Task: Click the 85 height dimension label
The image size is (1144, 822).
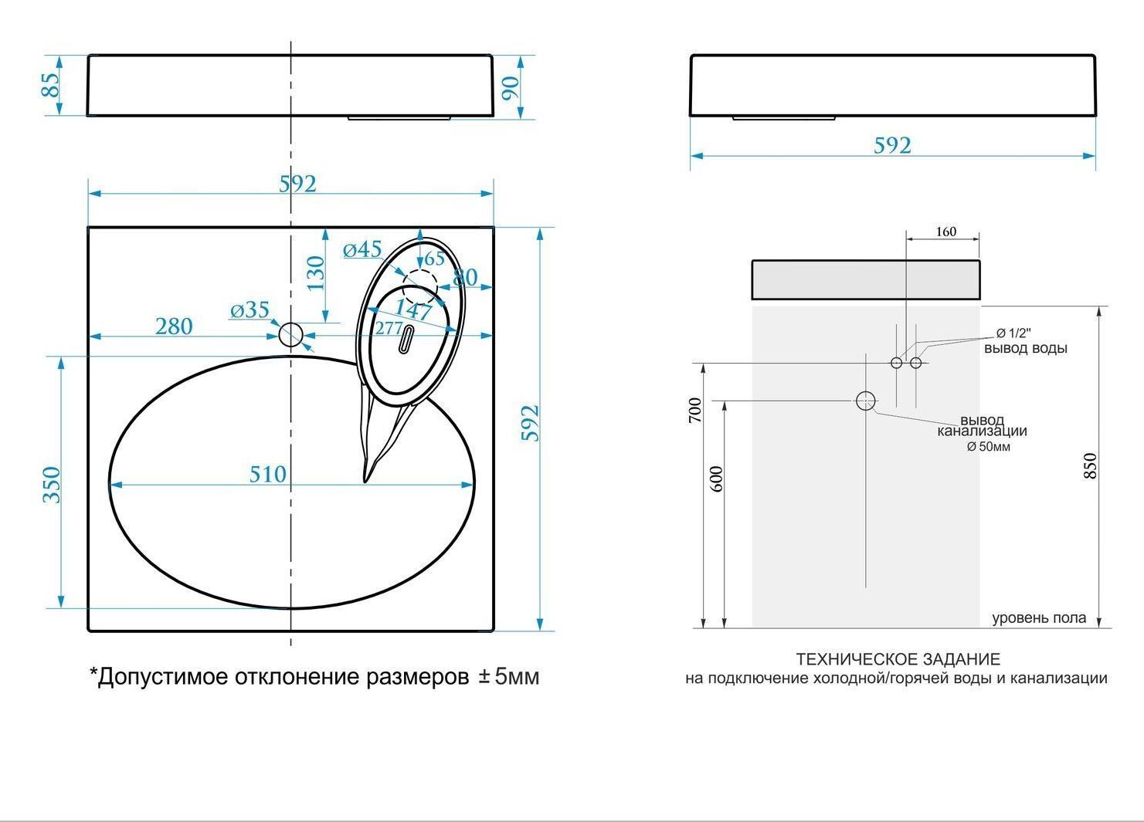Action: (50, 85)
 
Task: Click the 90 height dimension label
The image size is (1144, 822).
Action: (511, 88)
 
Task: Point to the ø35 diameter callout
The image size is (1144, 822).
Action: (250, 310)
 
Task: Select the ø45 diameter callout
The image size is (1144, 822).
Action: (362, 249)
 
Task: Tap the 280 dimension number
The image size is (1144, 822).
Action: (174, 326)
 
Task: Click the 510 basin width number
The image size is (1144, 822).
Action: (267, 475)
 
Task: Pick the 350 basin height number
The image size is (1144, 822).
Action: (52, 485)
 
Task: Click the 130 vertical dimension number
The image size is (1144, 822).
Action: (316, 273)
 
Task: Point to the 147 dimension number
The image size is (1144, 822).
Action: (413, 310)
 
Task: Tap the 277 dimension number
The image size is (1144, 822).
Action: (389, 328)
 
